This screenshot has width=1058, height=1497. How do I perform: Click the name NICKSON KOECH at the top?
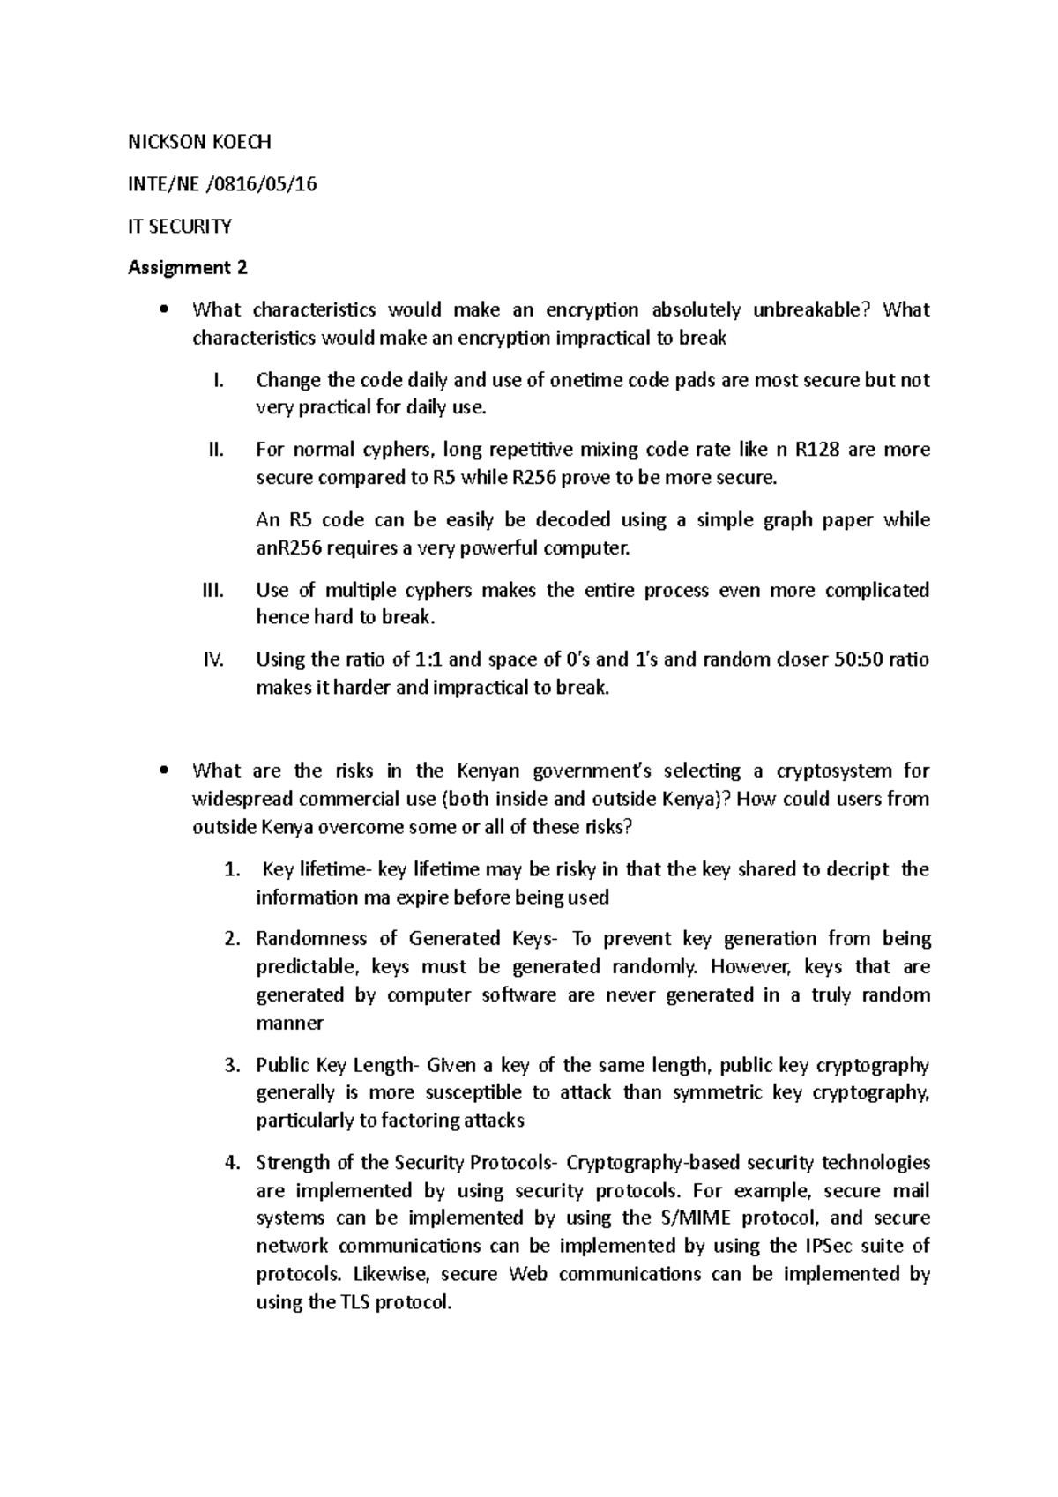200,141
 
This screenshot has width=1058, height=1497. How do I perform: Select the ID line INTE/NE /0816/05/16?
222,183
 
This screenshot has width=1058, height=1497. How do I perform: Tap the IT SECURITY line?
180,226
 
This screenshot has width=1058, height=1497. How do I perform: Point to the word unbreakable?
804,309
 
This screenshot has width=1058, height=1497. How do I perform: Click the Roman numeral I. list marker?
220,380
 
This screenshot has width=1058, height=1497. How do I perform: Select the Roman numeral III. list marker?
214,590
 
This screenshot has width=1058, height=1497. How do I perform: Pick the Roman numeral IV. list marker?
214,659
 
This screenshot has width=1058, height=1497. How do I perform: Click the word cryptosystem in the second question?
833,771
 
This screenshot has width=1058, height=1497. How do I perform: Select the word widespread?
238,799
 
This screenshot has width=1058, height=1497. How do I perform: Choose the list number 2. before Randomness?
232,939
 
